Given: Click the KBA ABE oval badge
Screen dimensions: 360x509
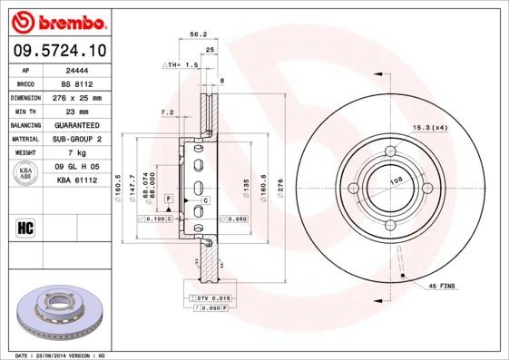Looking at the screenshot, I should click(26, 173).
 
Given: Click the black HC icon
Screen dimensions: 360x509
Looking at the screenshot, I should click(26, 227).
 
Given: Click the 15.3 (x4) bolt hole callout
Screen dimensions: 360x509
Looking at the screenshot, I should click(431, 129).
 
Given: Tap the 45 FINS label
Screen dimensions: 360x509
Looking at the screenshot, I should click(442, 287).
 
